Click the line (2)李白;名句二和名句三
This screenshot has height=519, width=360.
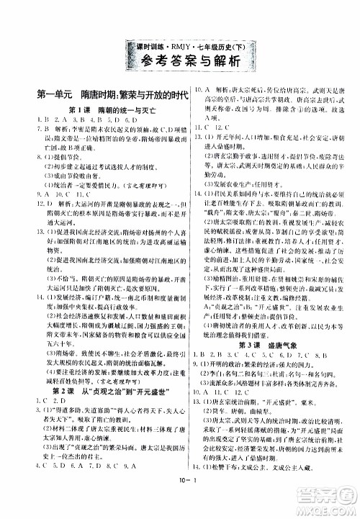click(259, 391)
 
